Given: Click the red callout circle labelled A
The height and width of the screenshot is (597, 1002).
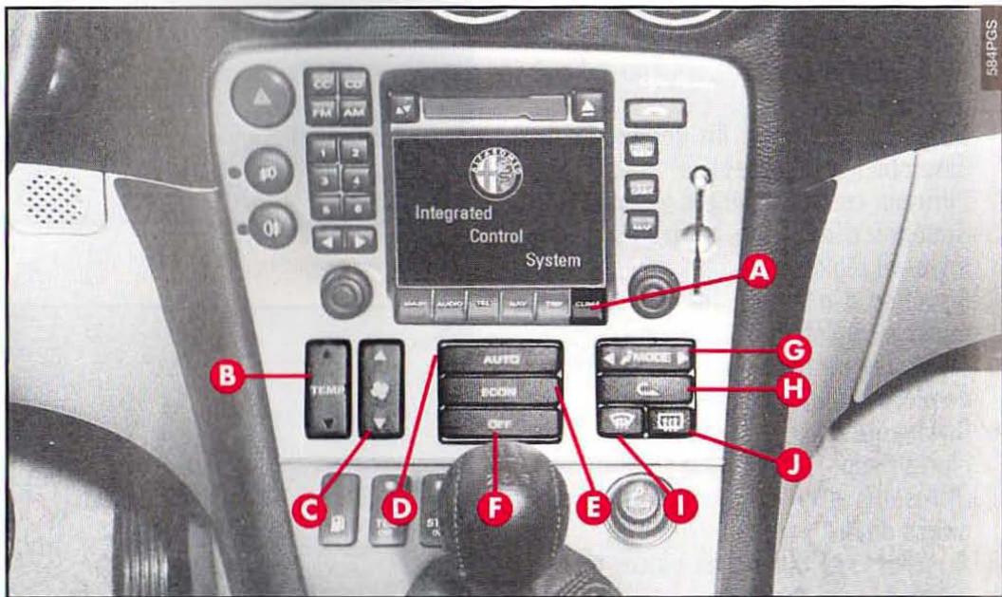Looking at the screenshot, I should [756, 273].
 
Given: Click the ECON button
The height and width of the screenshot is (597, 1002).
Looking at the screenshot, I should [500, 390].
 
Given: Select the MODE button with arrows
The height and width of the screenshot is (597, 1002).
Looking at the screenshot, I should [645, 358].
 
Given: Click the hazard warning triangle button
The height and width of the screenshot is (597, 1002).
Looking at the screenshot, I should [263, 97].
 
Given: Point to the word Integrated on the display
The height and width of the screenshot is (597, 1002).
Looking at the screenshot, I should [453, 213].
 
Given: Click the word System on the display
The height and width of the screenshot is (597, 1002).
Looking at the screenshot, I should [552, 259].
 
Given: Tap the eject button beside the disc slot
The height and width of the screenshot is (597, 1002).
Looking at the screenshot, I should [590, 104].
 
